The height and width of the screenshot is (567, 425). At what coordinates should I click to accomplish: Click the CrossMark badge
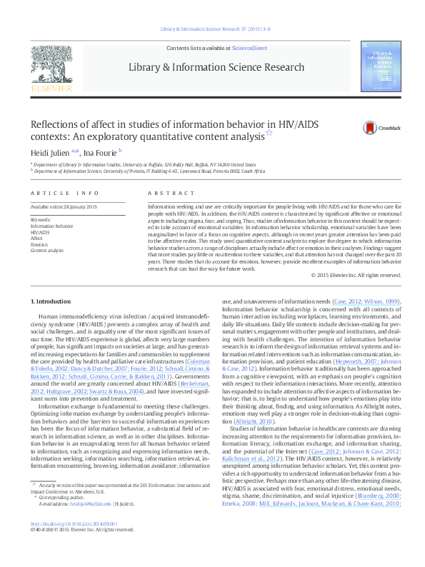click(361, 129)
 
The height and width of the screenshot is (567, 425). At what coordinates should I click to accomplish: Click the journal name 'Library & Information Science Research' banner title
click(216, 67)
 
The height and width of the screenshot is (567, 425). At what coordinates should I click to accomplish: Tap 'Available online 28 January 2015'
click(64, 206)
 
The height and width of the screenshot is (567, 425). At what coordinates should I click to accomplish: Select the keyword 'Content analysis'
click(49, 250)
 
